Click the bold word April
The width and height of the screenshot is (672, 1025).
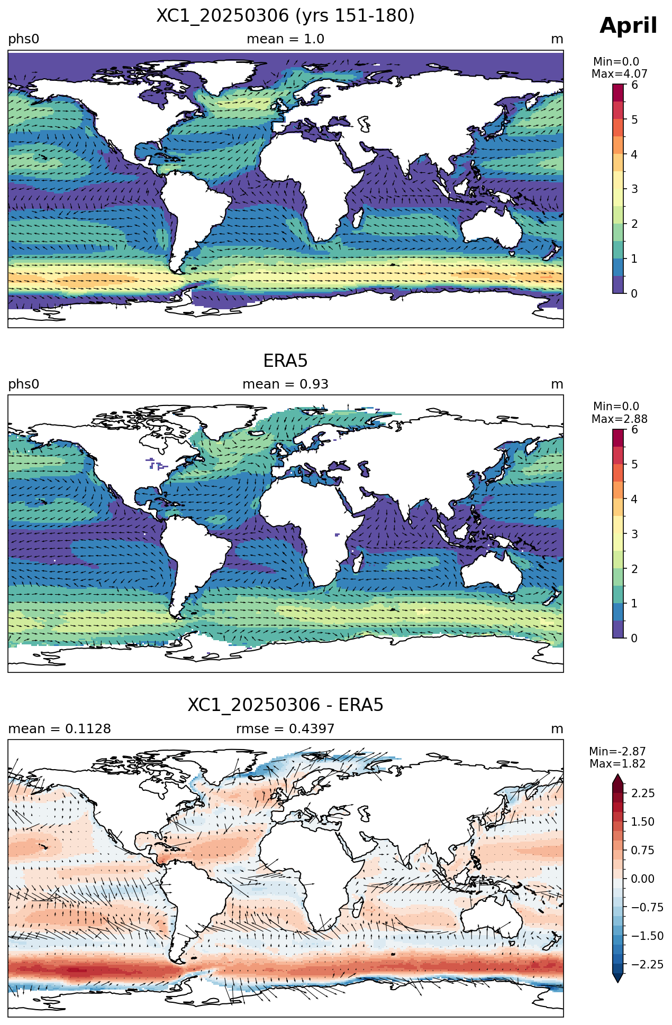(628, 26)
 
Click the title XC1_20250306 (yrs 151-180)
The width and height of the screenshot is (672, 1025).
(285, 16)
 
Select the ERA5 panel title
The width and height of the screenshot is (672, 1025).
(285, 361)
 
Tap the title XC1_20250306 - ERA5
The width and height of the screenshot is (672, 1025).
(285, 705)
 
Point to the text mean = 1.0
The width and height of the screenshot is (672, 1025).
(285, 39)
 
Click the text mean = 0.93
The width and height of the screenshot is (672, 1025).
(285, 384)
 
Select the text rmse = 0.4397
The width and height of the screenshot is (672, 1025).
(285, 729)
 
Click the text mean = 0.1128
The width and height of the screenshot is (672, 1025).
(59, 729)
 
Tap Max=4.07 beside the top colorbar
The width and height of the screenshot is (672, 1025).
(619, 74)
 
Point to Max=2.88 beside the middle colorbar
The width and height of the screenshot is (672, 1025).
(619, 419)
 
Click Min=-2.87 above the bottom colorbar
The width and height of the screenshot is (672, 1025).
(617, 752)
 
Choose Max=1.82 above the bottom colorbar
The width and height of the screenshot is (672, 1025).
(617, 764)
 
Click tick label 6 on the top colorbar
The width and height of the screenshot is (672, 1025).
(634, 85)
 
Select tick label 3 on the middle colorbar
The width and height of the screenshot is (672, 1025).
(634, 534)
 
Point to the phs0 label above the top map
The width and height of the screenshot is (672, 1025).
(24, 39)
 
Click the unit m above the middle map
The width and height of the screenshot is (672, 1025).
(557, 384)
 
